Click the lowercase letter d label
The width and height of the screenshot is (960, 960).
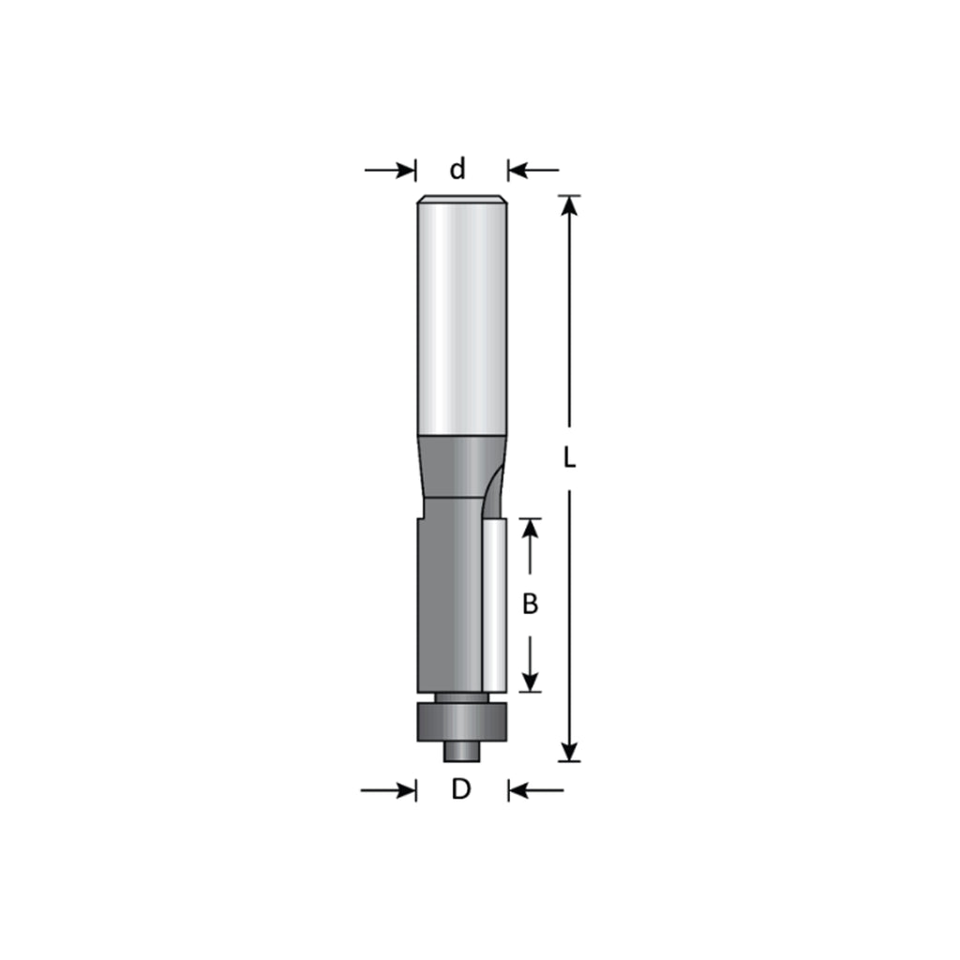(x=457, y=169)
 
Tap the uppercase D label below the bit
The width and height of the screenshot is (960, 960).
(x=461, y=789)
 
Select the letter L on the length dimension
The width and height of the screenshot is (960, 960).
(x=569, y=457)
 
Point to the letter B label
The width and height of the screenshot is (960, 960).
(x=531, y=605)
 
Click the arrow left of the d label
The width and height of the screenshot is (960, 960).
(x=390, y=170)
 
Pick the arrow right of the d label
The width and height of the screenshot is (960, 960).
(x=533, y=170)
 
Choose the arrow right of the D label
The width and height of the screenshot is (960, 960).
(x=536, y=790)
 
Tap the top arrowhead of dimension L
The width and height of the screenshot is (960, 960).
(x=569, y=205)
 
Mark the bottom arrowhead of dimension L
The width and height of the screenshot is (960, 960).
(x=569, y=751)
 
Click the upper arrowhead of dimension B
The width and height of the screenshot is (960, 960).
(x=531, y=529)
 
